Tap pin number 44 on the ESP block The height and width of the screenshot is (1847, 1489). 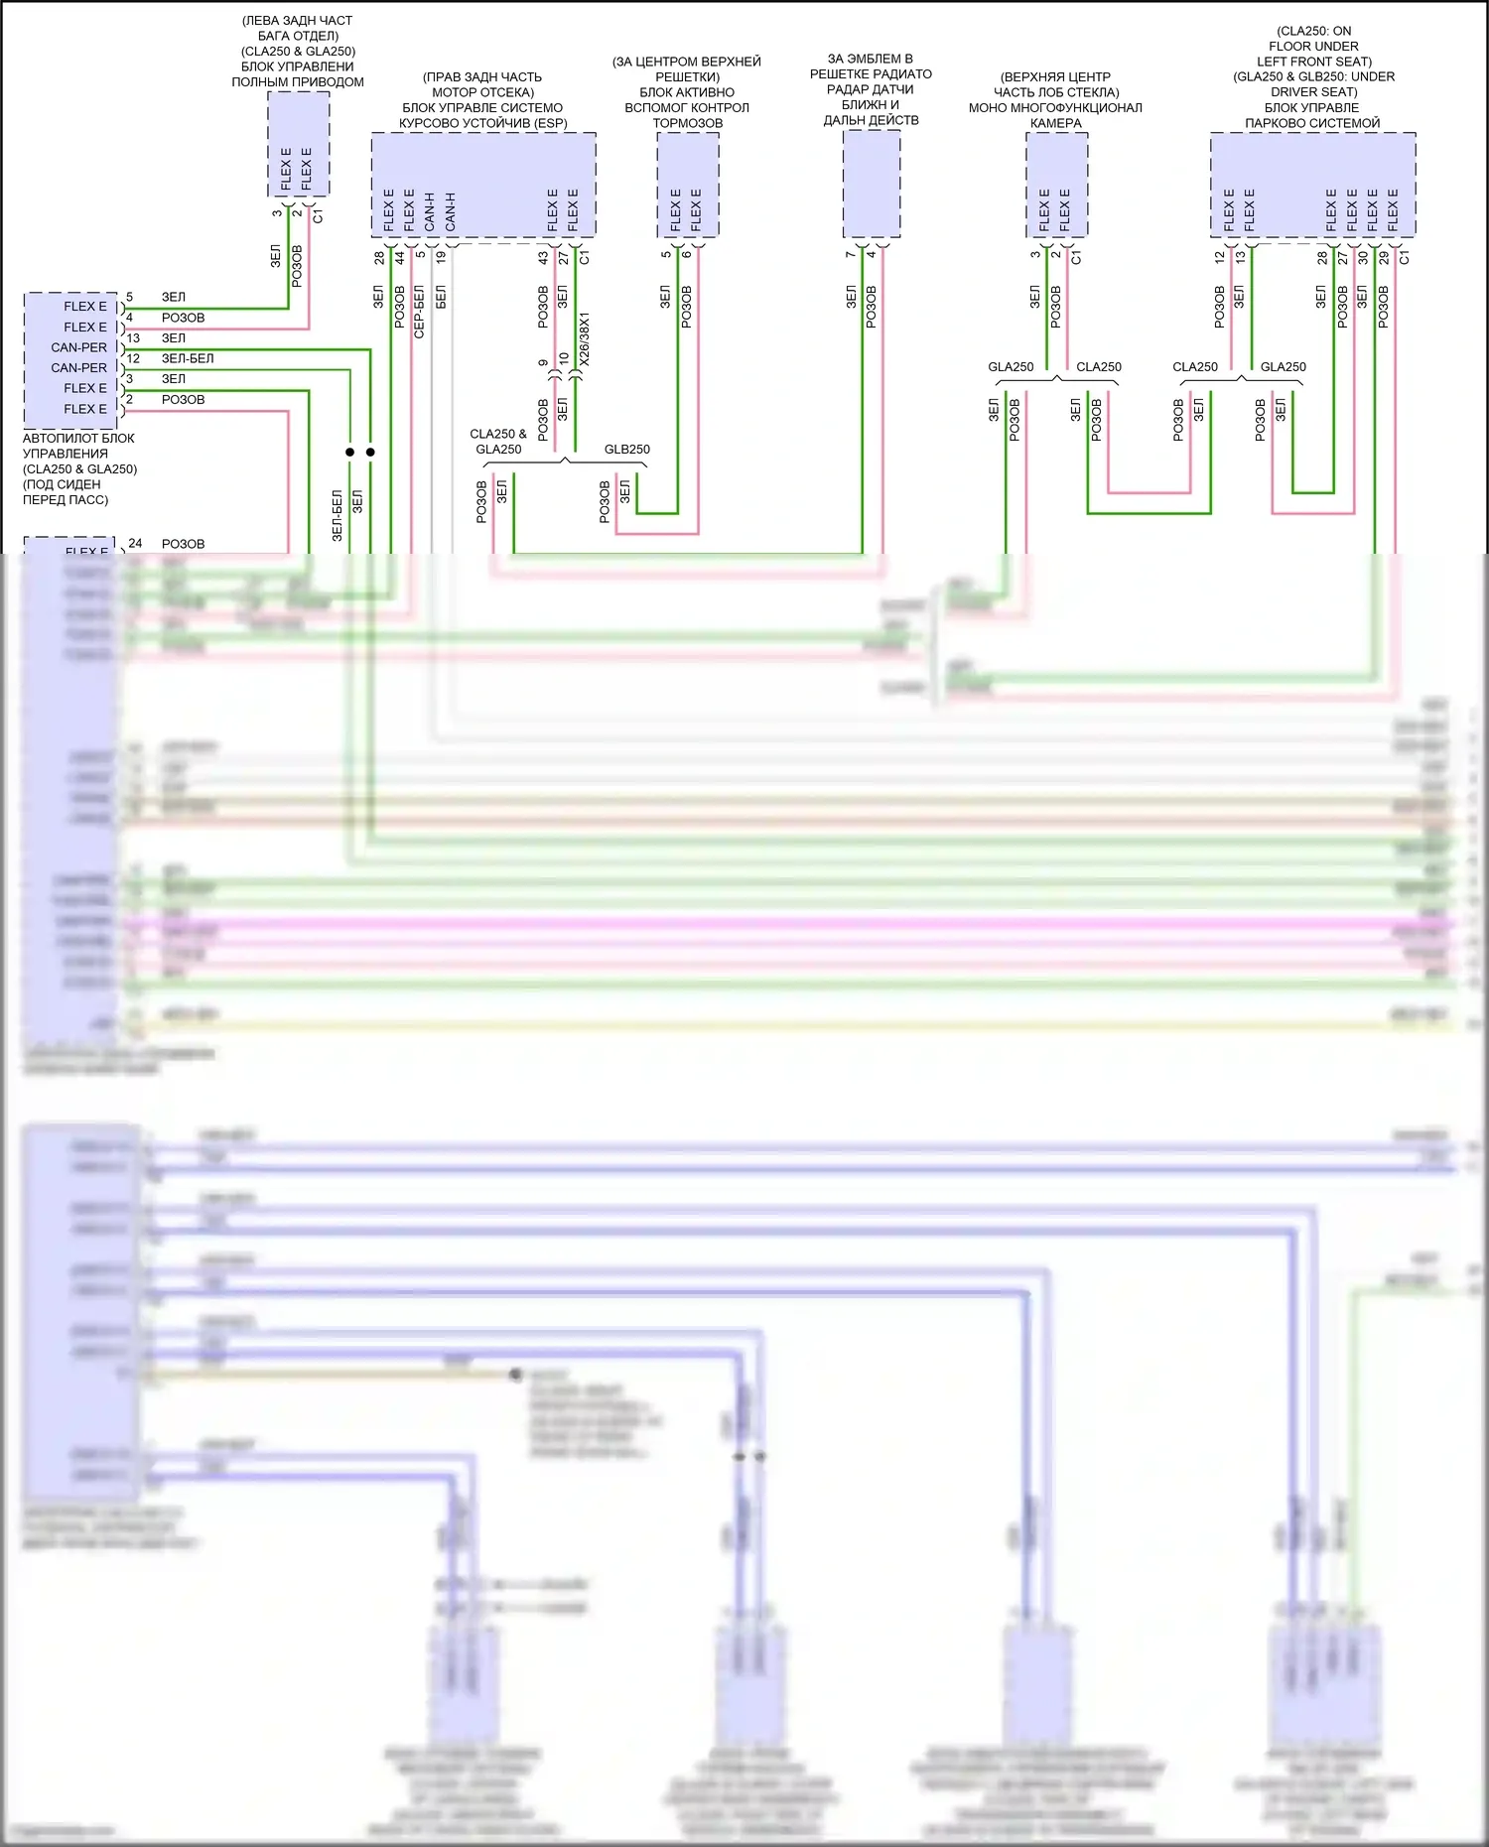400,257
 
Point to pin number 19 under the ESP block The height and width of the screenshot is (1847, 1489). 441,257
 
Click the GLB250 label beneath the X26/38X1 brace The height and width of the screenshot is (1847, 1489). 626,450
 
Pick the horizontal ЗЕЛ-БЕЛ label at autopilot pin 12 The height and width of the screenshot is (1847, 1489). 188,358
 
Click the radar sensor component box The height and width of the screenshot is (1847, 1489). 872,185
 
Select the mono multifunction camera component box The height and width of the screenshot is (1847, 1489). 1056,185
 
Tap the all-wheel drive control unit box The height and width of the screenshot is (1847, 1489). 298,144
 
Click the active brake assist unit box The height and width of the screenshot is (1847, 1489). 688,185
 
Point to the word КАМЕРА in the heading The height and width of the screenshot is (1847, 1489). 1055,123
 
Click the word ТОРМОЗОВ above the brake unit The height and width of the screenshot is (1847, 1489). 688,123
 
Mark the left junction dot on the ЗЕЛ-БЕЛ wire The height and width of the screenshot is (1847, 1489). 349,452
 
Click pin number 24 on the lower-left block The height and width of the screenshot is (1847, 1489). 135,543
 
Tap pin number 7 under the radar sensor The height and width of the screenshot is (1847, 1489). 851,255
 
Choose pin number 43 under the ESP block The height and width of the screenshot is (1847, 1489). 543,257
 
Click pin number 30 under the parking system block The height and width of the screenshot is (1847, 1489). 1363,257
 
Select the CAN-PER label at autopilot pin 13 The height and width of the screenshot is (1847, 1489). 79,347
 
